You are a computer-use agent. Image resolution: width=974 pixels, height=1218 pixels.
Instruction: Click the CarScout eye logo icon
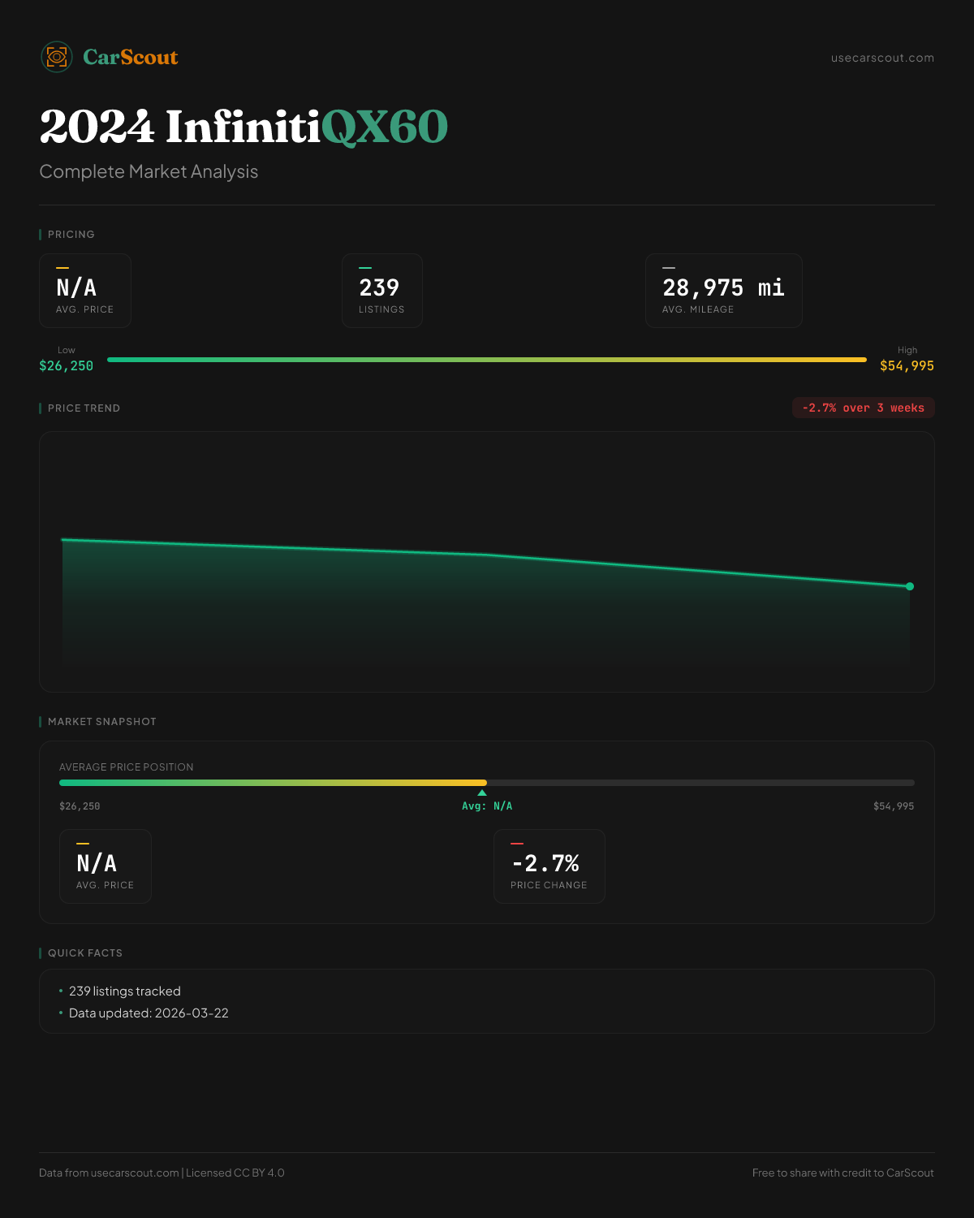57,57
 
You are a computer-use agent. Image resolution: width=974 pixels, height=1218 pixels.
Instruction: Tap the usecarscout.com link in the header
882,58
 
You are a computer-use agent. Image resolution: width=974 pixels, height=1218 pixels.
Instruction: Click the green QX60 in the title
385,127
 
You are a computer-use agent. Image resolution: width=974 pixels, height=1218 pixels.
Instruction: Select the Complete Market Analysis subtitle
149,171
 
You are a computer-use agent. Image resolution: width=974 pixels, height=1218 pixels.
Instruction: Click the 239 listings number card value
379,287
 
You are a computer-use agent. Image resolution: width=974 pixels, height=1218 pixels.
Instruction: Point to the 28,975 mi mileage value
723,287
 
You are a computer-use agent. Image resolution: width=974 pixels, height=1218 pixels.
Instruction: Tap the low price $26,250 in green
67,365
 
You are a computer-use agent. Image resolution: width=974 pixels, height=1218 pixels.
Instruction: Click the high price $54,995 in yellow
907,365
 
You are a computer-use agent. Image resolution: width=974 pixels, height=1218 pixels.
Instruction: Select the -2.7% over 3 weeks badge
863,408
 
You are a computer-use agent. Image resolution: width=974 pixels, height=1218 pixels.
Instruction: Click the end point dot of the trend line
910,586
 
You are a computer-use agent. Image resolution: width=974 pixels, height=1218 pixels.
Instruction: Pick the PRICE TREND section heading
84,408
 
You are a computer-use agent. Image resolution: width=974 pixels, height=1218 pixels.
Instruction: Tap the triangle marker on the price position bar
482,793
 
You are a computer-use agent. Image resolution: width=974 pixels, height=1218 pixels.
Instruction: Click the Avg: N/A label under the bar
487,806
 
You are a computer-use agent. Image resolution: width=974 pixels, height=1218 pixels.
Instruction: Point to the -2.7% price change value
545,862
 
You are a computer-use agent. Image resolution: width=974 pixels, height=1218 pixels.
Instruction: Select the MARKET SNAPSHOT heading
101,722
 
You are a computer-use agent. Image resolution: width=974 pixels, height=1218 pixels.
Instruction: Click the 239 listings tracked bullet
125,991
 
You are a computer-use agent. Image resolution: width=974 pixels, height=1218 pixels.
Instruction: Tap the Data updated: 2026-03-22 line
149,1013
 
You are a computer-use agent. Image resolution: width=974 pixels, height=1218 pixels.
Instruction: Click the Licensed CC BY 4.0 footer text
235,1173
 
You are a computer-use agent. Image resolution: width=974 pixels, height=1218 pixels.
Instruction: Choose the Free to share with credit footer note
843,1173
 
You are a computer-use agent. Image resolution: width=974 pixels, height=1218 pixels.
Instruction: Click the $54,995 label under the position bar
893,806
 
